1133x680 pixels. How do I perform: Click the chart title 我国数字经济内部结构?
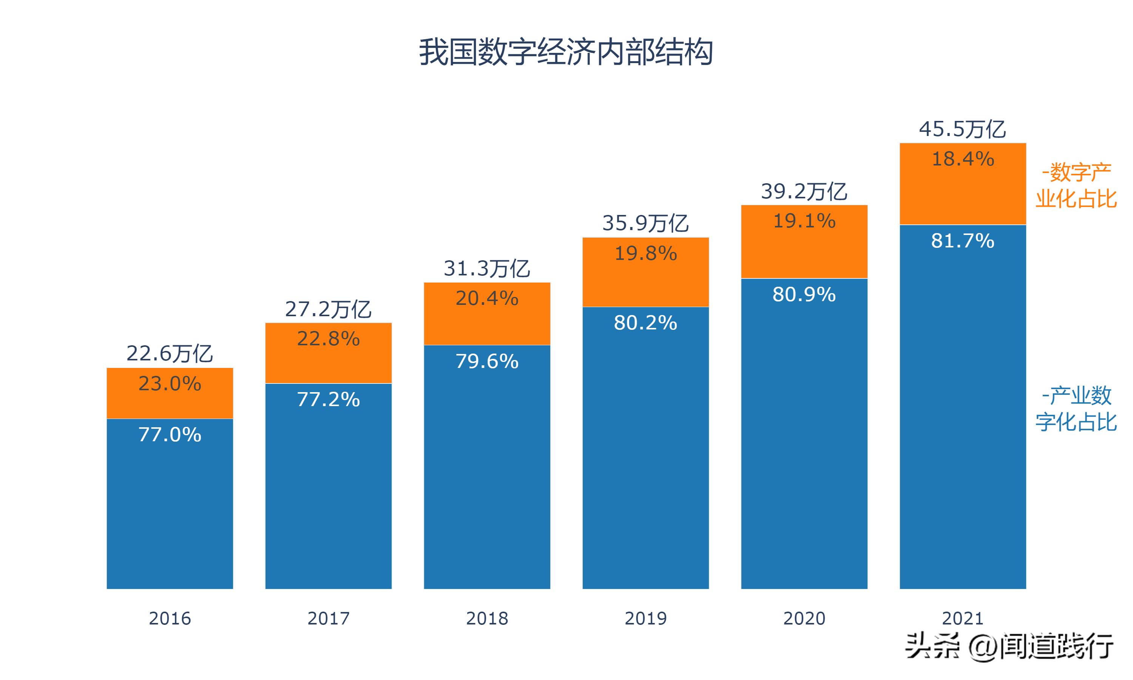pyautogui.click(x=566, y=52)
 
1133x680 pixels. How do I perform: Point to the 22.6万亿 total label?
pyautogui.click(x=170, y=353)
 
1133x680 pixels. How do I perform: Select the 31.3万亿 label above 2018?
pyautogui.click(x=487, y=268)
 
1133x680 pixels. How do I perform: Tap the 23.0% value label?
pyautogui.click(x=170, y=383)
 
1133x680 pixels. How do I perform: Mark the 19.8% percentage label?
pyautogui.click(x=645, y=253)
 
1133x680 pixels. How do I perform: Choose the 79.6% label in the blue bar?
pyautogui.click(x=487, y=362)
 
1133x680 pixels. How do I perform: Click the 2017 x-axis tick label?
pyautogui.click(x=328, y=618)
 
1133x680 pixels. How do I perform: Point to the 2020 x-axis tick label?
pyautogui.click(x=804, y=618)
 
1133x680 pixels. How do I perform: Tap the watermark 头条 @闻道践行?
pyautogui.click(x=1008, y=646)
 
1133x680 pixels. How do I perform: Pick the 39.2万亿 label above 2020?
pyautogui.click(x=804, y=191)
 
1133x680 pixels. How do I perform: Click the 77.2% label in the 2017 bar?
pyautogui.click(x=328, y=400)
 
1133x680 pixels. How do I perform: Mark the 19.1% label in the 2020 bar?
pyautogui.click(x=804, y=221)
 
